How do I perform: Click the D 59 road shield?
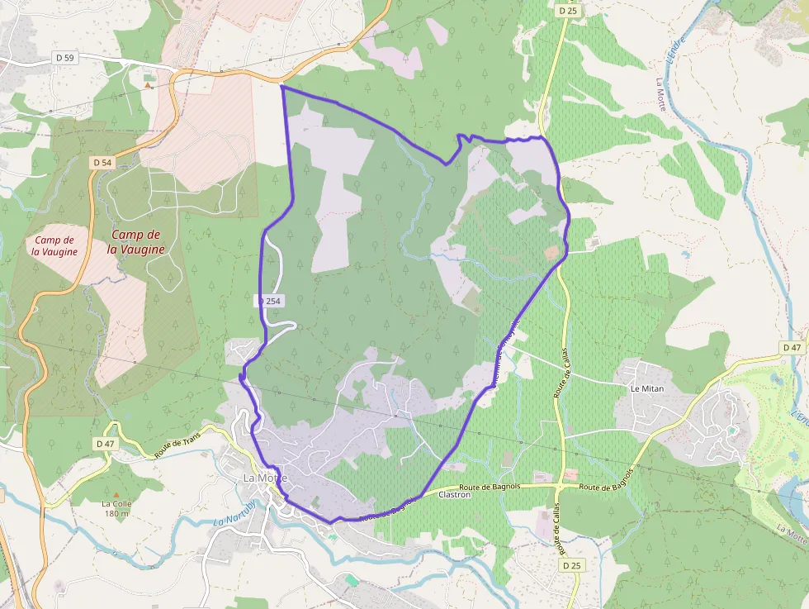(64, 57)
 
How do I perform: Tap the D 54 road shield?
(102, 163)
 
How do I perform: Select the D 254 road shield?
(270, 302)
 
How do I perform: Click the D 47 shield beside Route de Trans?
(105, 444)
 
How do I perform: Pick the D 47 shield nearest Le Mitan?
(792, 347)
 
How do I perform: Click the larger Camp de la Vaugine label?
(136, 241)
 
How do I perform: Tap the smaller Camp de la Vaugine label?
(56, 245)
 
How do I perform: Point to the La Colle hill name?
(116, 503)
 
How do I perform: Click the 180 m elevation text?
(116, 513)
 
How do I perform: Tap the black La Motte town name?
(265, 478)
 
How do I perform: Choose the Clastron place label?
(455, 494)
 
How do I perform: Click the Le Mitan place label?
(647, 388)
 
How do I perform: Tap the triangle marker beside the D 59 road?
(148, 85)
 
